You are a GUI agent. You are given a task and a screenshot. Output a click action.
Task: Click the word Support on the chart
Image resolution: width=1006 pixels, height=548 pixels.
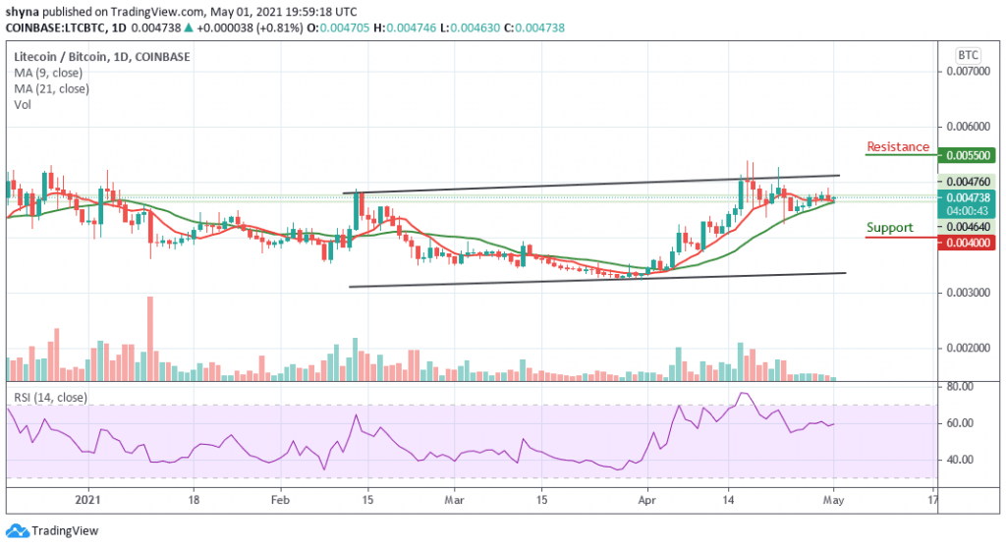point(889,228)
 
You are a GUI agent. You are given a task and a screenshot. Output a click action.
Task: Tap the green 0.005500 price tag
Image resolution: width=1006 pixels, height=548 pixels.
point(970,155)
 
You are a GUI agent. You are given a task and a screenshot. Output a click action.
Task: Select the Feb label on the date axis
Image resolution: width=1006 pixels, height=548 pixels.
point(280,499)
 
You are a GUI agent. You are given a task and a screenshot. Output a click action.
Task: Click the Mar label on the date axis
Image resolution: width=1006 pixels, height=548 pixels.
point(453,499)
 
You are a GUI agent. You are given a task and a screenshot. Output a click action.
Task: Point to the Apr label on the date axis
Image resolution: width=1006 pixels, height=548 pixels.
point(647,499)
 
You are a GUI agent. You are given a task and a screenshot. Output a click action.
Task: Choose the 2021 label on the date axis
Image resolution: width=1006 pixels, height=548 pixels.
point(88,499)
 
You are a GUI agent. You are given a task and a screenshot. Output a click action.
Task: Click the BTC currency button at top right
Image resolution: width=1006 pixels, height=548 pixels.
point(968,54)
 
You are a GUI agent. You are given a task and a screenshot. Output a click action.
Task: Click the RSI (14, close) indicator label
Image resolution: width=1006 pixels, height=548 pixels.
point(47,397)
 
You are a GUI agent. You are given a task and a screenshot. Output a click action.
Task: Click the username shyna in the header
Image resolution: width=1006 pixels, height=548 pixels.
point(22,11)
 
